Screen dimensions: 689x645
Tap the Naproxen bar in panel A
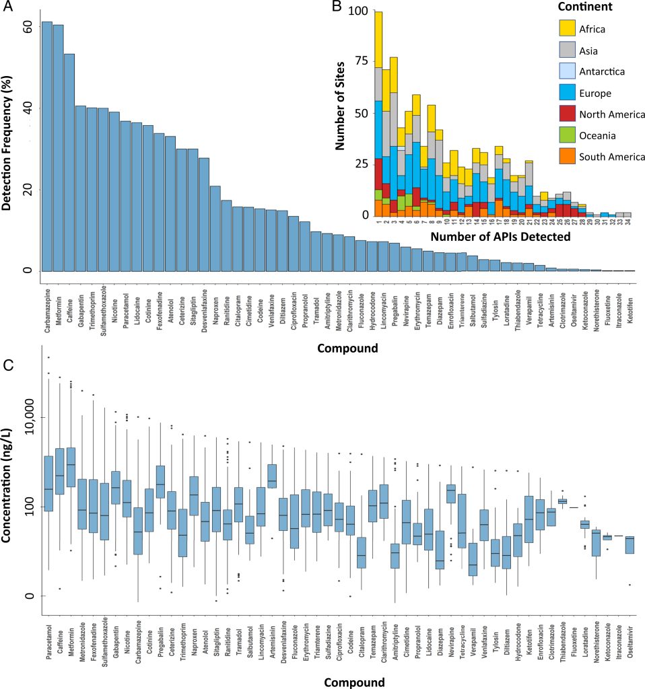[215, 228]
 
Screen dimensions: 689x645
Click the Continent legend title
[586, 7]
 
